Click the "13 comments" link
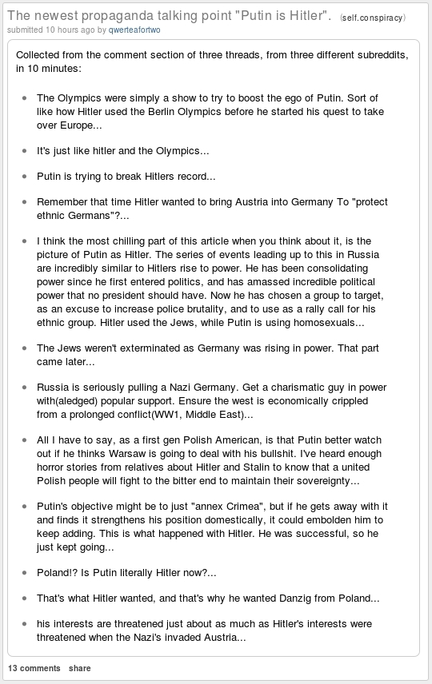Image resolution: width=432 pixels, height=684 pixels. point(34,668)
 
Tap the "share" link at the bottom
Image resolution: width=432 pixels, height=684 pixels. point(80,668)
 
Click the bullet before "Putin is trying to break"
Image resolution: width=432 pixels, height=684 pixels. point(25,176)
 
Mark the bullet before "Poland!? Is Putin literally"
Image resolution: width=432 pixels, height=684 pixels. point(25,572)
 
